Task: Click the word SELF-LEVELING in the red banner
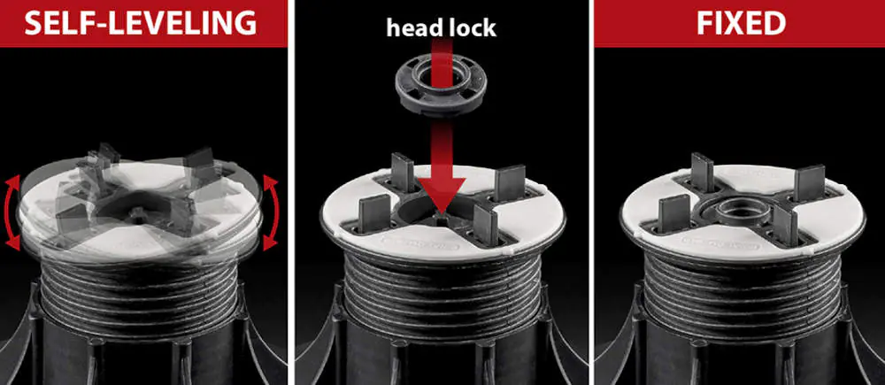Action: pyautogui.click(x=141, y=23)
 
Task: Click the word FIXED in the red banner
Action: pyautogui.click(x=741, y=23)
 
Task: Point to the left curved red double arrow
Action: pyautogui.click(x=12, y=212)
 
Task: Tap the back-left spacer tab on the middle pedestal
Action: pyautogui.click(x=402, y=173)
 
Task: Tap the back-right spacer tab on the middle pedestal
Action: pyautogui.click(x=511, y=182)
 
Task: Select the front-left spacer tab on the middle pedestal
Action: pyautogui.click(x=373, y=212)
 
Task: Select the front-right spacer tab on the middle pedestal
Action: pyautogui.click(x=485, y=224)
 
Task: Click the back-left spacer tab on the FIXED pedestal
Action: pyautogui.click(x=702, y=173)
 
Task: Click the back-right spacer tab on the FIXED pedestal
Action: pyautogui.click(x=810, y=182)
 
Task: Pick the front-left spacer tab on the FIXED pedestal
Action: pyautogui.click(x=673, y=212)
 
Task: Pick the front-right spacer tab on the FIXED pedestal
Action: pyautogui.click(x=785, y=224)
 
